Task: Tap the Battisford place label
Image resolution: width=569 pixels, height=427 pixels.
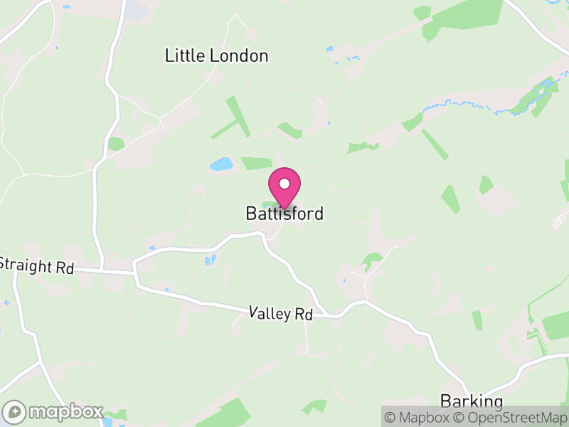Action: (284, 213)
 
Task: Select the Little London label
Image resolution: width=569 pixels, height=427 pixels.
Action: (216, 56)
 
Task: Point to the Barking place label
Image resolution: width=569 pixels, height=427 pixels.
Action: (472, 401)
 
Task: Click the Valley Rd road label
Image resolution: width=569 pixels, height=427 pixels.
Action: (281, 312)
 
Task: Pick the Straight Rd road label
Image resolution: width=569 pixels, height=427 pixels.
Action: (36, 266)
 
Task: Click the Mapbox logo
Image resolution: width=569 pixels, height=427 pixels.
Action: (53, 412)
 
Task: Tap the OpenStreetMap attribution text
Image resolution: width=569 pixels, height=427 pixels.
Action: (512, 417)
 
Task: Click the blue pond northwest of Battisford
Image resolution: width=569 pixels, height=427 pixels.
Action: (221, 164)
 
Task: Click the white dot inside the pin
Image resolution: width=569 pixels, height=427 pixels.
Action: (284, 184)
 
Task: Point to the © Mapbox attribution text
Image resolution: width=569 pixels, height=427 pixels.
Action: (420, 417)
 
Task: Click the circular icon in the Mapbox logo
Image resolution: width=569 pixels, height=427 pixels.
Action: (14, 412)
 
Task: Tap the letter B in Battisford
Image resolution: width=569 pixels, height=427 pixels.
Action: (250, 213)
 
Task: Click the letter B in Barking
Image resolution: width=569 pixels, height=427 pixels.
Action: (445, 401)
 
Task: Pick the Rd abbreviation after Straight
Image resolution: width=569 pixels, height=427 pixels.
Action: (65, 268)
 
